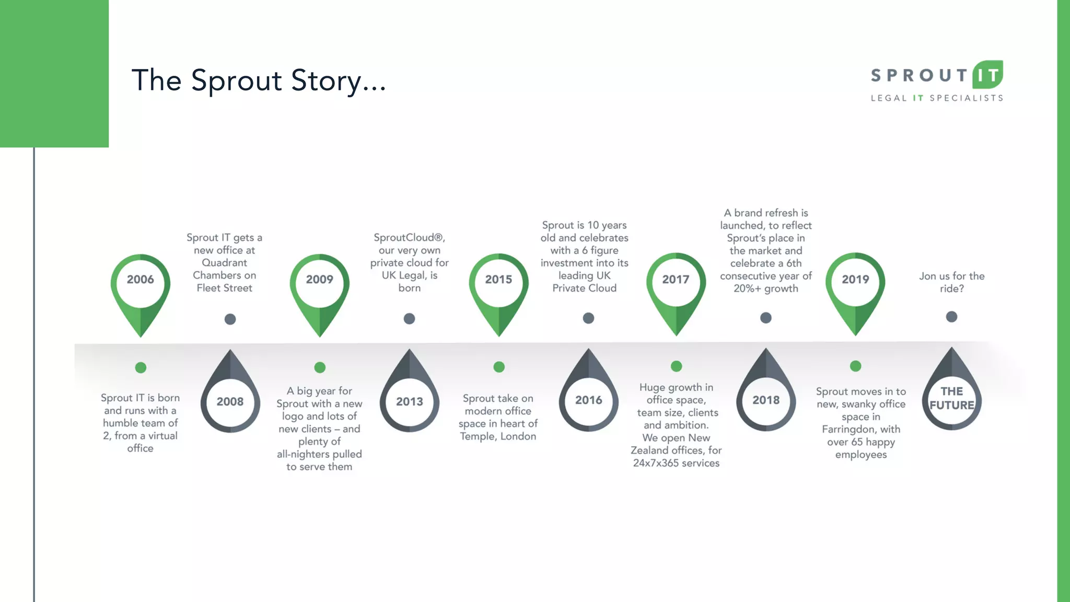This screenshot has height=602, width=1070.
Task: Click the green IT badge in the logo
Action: click(x=987, y=75)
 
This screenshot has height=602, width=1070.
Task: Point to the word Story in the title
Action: click(x=326, y=81)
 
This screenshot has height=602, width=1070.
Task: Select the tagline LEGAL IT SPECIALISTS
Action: click(x=937, y=98)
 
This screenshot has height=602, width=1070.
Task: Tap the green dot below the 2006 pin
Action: click(x=141, y=367)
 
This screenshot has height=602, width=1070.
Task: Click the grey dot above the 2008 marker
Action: click(x=230, y=319)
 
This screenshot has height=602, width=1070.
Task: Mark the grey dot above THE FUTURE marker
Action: click(x=951, y=317)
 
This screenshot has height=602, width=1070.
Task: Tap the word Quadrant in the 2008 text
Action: click(x=224, y=263)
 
